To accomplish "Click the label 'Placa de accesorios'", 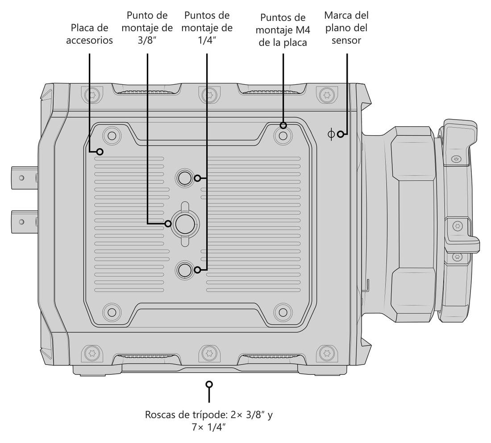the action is pyautogui.click(x=89, y=34).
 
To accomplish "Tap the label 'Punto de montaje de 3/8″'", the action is pyautogui.click(x=147, y=28).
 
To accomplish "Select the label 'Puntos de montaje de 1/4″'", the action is pyautogui.click(x=207, y=28).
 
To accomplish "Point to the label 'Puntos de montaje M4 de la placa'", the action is pyautogui.click(x=283, y=30).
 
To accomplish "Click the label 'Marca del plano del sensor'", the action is pyautogui.click(x=346, y=28).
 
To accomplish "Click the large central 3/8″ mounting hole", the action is pyautogui.click(x=185, y=224).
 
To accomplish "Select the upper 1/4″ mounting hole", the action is pyautogui.click(x=185, y=178).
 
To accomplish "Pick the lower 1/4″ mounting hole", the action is pyautogui.click(x=185, y=269).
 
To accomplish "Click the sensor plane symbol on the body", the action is pyautogui.click(x=331, y=134).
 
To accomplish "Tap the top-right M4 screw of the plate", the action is pyautogui.click(x=283, y=136).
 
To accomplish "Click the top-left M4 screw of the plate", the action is pyautogui.click(x=112, y=136).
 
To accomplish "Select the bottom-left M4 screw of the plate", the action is pyautogui.click(x=112, y=312).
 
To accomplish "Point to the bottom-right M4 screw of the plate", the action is pyautogui.click(x=283, y=312).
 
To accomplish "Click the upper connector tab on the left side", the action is pyautogui.click(x=25, y=178).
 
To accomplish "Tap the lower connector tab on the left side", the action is pyautogui.click(x=25, y=222).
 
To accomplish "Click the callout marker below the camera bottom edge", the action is pyautogui.click(x=209, y=384).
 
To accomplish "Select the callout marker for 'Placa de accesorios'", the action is pyautogui.click(x=100, y=152).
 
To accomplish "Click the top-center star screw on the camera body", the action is pyautogui.click(x=209, y=95).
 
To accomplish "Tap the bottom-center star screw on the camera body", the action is pyautogui.click(x=209, y=353).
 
